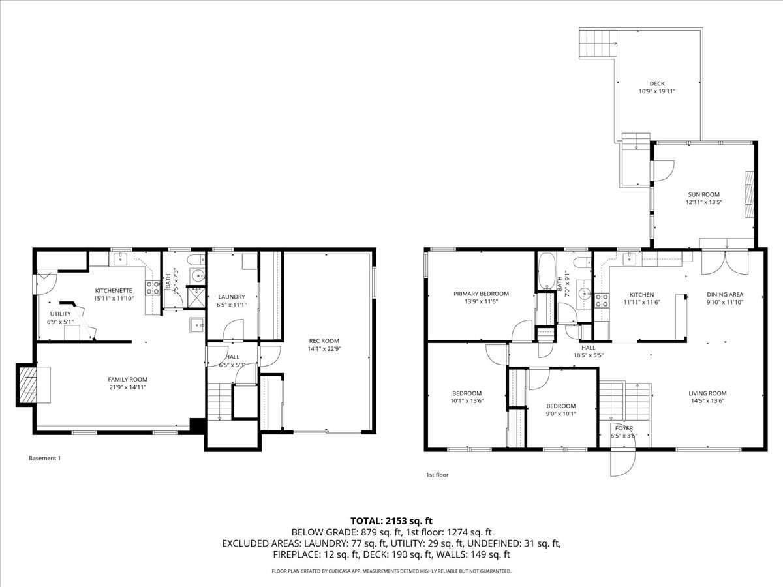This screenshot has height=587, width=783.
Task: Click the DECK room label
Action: coord(656,83)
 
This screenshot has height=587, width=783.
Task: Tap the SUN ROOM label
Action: coord(703,194)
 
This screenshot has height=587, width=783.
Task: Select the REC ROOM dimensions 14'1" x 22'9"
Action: coord(324,348)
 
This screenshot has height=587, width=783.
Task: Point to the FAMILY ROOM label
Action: coord(127,379)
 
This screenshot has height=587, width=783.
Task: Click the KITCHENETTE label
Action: coord(114,290)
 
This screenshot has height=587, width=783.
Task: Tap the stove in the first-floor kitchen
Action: coord(601,300)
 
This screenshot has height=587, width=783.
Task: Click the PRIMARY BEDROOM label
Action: coord(481,293)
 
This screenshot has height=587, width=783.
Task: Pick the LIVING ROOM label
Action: coord(707,393)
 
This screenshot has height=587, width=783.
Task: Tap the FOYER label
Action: coord(621,428)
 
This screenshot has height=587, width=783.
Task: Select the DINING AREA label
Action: coord(724,294)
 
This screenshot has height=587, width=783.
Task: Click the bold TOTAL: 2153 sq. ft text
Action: coord(391,520)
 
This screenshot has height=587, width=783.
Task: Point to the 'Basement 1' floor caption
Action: coord(45,458)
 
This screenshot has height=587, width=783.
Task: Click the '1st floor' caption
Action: coord(437,475)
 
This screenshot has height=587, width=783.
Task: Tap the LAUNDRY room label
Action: coord(231,297)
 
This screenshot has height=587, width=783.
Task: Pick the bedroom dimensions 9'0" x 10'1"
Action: coord(561,414)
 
